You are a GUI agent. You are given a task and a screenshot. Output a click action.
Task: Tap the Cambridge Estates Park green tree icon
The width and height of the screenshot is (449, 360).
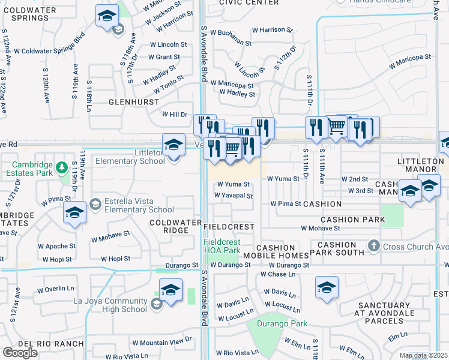pos(61,166)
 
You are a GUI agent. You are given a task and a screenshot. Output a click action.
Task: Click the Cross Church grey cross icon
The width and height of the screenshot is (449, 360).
pos(373,245)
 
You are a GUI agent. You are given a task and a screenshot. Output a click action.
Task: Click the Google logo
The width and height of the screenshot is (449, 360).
pos(20,353)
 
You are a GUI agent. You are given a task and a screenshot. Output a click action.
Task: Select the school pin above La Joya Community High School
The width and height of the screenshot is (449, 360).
pos(171,291)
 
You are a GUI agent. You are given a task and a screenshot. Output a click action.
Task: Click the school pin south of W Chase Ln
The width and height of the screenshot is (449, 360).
pos(327,288)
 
